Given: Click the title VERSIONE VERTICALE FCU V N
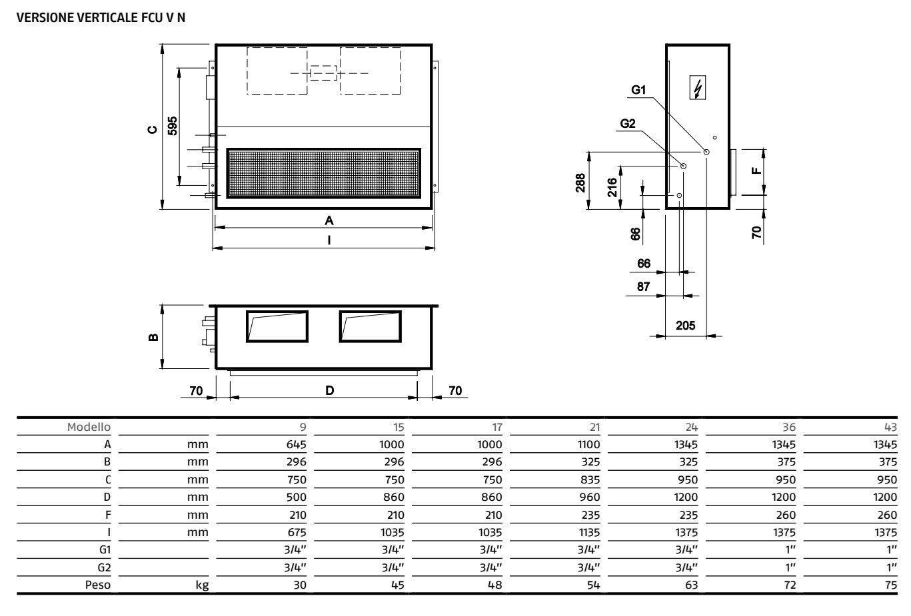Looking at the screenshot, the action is pyautogui.click(x=101, y=17).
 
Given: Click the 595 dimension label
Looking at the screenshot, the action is pyautogui.click(x=173, y=126).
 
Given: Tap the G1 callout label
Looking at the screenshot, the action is pyautogui.click(x=638, y=90).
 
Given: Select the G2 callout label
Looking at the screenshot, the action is pyautogui.click(x=628, y=123).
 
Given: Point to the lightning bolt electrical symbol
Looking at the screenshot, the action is pyautogui.click(x=698, y=87).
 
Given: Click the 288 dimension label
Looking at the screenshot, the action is pyautogui.click(x=580, y=183).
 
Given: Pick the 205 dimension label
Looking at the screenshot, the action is pyautogui.click(x=685, y=326).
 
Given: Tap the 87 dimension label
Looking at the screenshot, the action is pyautogui.click(x=643, y=287).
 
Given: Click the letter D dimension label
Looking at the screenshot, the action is pyautogui.click(x=329, y=390).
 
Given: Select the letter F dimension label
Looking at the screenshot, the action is pyautogui.click(x=756, y=170).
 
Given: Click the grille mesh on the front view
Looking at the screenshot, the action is pyautogui.click(x=323, y=174).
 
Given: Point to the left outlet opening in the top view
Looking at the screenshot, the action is pyautogui.click(x=277, y=326).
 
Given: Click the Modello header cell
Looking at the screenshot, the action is pyautogui.click(x=89, y=427).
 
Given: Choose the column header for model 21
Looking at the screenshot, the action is pyautogui.click(x=594, y=427).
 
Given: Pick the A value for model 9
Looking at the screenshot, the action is pyautogui.click(x=296, y=445).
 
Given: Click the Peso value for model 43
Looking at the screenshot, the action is pyautogui.click(x=890, y=585).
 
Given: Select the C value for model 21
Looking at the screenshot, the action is pyautogui.click(x=590, y=480).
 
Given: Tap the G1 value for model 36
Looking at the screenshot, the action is pyautogui.click(x=790, y=550).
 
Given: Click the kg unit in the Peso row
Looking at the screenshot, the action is pyautogui.click(x=202, y=585).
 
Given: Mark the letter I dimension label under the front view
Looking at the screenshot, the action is pyautogui.click(x=329, y=240).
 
